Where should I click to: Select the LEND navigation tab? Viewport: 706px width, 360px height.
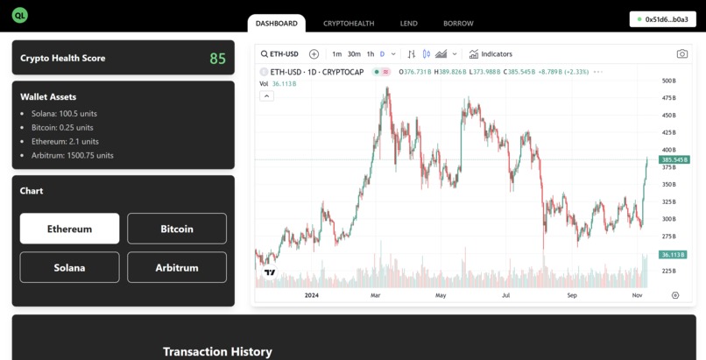[x=408, y=24]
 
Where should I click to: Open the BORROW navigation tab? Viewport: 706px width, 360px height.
[x=458, y=24]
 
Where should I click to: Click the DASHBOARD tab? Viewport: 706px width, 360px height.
[x=277, y=24]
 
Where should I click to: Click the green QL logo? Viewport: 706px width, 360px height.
[x=20, y=17]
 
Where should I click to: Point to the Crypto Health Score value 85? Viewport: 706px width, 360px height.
[x=217, y=59]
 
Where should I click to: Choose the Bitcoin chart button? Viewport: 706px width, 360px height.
[x=177, y=229]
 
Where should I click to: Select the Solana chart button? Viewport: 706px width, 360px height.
[x=70, y=267]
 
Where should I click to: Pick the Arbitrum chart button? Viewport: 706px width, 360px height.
[x=177, y=267]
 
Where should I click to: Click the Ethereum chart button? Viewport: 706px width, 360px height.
[x=70, y=229]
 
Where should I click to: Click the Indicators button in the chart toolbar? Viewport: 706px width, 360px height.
[x=491, y=54]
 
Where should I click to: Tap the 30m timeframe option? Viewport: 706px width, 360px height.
[x=354, y=54]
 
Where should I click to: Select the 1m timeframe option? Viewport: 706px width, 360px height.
[x=337, y=54]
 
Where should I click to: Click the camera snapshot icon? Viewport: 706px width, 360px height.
[x=681, y=54]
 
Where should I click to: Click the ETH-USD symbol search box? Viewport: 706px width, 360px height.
[x=281, y=54]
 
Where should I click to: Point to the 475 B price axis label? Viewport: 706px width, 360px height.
[x=669, y=97]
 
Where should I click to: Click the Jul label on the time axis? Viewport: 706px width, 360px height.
[x=506, y=296]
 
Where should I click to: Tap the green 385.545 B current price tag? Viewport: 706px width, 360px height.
[x=674, y=160]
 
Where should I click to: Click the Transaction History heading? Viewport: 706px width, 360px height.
[x=217, y=351]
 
